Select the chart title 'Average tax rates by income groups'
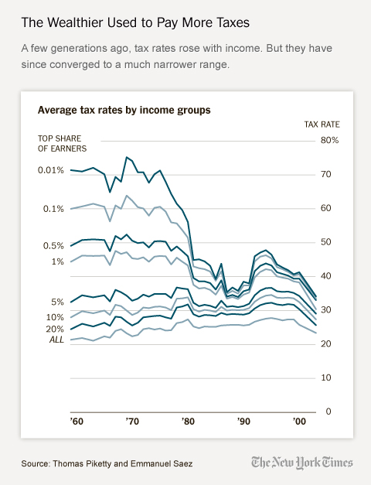pyautogui.click(x=124, y=110)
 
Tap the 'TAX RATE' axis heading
pyautogui.click(x=321, y=124)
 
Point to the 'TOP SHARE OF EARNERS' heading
pyautogui.click(x=62, y=142)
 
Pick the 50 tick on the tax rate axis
pyautogui.click(x=325, y=242)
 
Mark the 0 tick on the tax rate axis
pyautogui.click(x=328, y=412)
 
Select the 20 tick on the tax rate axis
pyautogui.click(x=325, y=343)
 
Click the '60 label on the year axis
pyautogui.click(x=77, y=423)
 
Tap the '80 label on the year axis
pyautogui.click(x=188, y=423)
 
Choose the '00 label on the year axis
pyautogui.click(x=299, y=423)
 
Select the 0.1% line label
pyautogui.click(x=54, y=209)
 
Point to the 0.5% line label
pyautogui.click(x=54, y=246)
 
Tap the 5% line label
pyautogui.click(x=57, y=302)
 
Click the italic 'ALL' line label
pyautogui.click(x=56, y=340)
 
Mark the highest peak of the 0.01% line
pyautogui.click(x=127, y=157)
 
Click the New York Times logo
pyautogui.click(x=301, y=462)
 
